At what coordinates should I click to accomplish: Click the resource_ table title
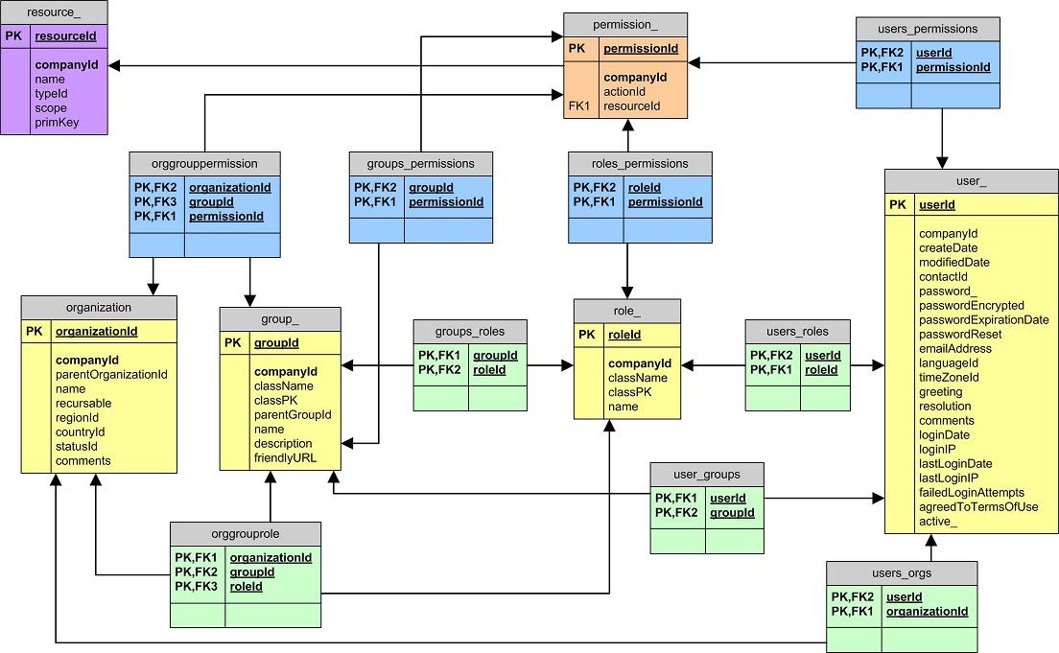point(54,12)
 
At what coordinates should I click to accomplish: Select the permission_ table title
point(625,24)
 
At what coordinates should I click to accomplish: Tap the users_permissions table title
point(928,29)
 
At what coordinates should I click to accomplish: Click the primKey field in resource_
point(58,123)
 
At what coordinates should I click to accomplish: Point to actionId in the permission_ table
point(624,91)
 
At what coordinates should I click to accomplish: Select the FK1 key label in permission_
point(577,105)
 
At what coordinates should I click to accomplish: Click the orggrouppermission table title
point(204,163)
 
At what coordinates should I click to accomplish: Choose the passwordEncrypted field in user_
point(971,305)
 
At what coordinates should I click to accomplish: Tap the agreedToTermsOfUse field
point(978,506)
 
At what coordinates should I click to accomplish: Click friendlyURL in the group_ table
point(285,457)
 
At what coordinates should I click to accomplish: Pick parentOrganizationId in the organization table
point(111,374)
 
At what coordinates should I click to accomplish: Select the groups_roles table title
point(470,331)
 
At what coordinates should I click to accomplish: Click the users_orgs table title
point(902,573)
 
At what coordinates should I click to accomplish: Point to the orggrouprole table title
point(245,533)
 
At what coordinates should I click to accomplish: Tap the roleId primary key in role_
point(624,335)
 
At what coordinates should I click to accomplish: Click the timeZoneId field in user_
point(949,377)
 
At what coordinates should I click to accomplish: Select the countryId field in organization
point(80,431)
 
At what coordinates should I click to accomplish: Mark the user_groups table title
point(707,474)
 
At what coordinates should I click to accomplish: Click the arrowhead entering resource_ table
point(114,65)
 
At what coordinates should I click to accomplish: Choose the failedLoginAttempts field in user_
point(971,492)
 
